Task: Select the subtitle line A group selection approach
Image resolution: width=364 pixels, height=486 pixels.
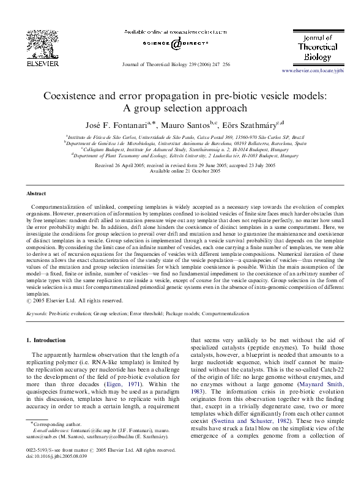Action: coord(182,109)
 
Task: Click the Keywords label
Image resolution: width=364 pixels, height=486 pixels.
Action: coord(39,313)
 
